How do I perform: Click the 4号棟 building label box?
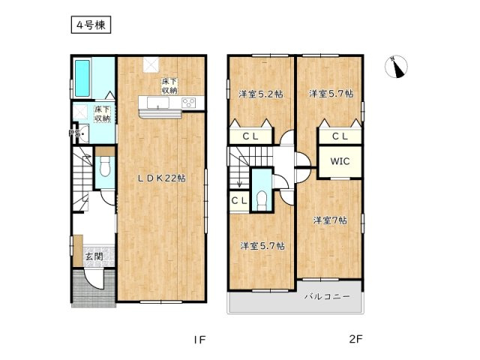[x=91, y=25]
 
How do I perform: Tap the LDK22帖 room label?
[x=160, y=178]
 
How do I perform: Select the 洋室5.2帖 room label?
[x=260, y=94]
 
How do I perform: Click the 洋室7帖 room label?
[x=330, y=220]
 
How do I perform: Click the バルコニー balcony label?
[x=327, y=297]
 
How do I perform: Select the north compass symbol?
[x=397, y=68]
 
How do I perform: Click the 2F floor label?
[x=355, y=339]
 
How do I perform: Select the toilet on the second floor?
[x=262, y=199]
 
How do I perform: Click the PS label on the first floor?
[x=74, y=133]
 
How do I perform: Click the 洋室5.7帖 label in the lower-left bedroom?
[x=261, y=245]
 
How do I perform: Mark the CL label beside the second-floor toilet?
[x=238, y=200]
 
